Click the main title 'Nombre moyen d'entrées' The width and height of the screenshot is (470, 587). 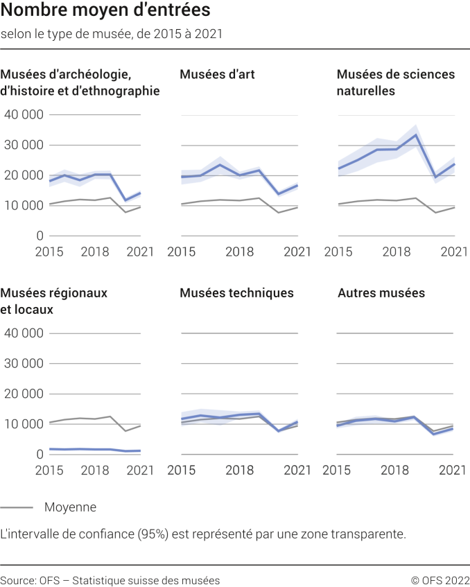(x=105, y=11)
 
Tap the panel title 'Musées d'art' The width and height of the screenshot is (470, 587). (x=217, y=74)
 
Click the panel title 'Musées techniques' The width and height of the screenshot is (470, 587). (x=236, y=293)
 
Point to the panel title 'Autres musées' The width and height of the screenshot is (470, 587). (x=381, y=293)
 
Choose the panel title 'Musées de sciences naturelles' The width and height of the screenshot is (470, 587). (x=395, y=82)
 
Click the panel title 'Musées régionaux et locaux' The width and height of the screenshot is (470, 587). (x=54, y=301)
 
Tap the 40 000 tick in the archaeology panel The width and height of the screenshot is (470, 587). (x=24, y=114)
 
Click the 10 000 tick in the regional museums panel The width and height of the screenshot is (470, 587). (x=24, y=424)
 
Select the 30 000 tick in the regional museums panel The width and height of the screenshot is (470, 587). (x=24, y=363)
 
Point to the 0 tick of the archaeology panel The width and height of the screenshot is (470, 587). (x=39, y=236)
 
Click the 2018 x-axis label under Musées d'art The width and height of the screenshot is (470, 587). (x=239, y=252)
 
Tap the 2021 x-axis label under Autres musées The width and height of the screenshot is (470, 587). (x=453, y=470)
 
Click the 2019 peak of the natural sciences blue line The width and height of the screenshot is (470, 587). (x=415, y=134)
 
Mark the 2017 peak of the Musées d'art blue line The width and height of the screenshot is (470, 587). (x=220, y=164)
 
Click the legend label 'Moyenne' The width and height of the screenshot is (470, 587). (x=70, y=507)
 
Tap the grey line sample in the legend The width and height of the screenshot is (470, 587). (x=17, y=507)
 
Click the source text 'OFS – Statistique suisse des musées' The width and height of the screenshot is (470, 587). (x=128, y=580)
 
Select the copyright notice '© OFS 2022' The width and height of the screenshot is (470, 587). (x=439, y=580)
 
